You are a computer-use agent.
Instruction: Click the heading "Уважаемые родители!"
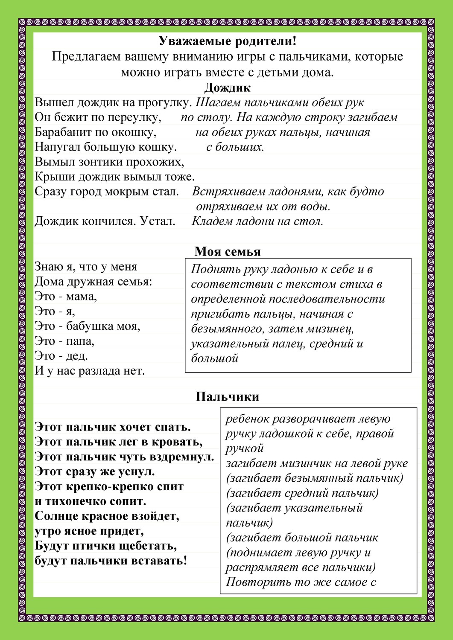227,41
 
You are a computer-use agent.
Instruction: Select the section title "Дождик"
227,87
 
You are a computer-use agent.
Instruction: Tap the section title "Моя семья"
227,251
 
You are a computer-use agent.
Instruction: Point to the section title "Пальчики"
227,397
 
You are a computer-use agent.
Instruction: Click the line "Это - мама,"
66,297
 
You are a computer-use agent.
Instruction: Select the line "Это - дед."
61,356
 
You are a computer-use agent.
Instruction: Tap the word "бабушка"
91,326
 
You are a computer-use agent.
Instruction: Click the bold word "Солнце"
56,516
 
